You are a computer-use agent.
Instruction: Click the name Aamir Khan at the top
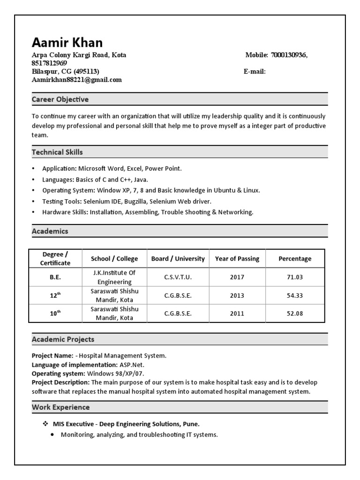pyautogui.click(x=67, y=43)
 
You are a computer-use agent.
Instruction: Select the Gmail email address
pyautogui.click(x=76, y=80)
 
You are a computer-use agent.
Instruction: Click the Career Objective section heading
pyautogui.click(x=60, y=99)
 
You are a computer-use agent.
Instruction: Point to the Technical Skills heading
pyautogui.click(x=57, y=152)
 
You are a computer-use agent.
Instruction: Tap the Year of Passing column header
pyautogui.click(x=237, y=259)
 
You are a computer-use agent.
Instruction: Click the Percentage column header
pyautogui.click(x=295, y=259)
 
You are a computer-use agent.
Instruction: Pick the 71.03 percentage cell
pyautogui.click(x=295, y=277)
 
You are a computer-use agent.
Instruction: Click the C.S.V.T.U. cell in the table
pyautogui.click(x=178, y=277)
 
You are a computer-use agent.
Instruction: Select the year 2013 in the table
pyautogui.click(x=237, y=296)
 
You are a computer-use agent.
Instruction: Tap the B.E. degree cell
pyautogui.click(x=55, y=277)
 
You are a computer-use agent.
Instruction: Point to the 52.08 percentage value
pyautogui.click(x=295, y=314)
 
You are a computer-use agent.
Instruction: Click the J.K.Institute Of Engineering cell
pyautogui.click(x=114, y=277)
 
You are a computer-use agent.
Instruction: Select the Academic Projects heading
pyautogui.click(x=63, y=339)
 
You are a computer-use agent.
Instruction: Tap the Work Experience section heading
pyautogui.click(x=60, y=407)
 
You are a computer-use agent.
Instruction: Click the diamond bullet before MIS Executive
pyautogui.click(x=45, y=424)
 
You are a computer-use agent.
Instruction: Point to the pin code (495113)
pyautogui.click(x=86, y=72)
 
